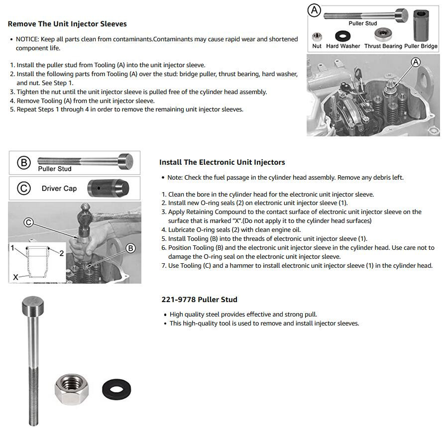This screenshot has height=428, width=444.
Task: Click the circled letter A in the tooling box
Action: (314, 10)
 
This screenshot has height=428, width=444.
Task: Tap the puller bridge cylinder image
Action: (421, 26)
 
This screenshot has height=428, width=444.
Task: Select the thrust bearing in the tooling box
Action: (383, 34)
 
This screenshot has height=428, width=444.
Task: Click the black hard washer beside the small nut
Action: (342, 36)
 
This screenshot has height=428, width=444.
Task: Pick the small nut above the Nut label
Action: (317, 37)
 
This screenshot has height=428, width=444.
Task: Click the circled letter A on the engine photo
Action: (416, 62)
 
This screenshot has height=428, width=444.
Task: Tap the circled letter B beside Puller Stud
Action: (24, 163)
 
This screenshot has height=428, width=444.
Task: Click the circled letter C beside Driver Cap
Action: (24, 188)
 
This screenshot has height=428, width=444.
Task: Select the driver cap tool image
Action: (108, 188)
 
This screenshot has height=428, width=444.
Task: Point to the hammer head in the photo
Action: (86, 218)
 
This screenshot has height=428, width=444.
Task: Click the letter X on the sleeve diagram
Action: (15, 277)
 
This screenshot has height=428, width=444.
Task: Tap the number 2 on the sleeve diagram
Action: (61, 253)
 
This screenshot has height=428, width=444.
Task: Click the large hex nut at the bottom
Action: (72, 389)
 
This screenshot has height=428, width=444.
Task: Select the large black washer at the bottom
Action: (116, 390)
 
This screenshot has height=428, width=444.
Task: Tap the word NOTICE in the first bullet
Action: (27, 39)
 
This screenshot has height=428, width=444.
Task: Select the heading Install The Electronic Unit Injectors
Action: (222, 162)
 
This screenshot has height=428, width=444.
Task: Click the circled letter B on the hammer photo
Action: (130, 248)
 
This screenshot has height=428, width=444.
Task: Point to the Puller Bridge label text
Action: (421, 46)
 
